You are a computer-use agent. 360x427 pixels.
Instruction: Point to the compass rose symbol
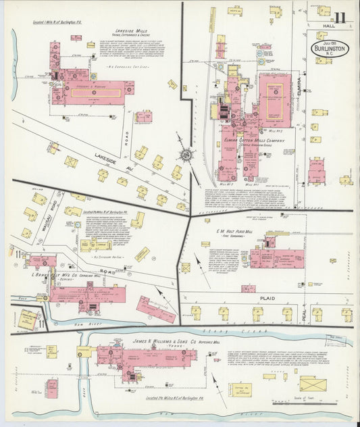tap(184, 154)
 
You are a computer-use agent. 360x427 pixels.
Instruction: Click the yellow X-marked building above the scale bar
tap(312, 384)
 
